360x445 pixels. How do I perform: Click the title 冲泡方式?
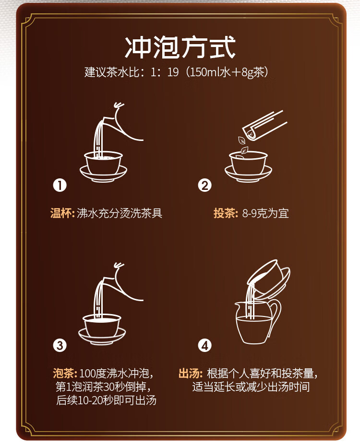(180, 47)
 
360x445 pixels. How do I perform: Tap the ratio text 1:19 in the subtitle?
(164, 72)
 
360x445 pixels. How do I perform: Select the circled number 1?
(60, 185)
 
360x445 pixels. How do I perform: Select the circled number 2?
(205, 185)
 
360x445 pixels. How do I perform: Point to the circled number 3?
(60, 345)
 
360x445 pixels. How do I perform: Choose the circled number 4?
(205, 345)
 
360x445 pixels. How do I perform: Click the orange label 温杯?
(61, 213)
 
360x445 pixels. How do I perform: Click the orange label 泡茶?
(64, 373)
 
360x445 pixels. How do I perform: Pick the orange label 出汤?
(190, 373)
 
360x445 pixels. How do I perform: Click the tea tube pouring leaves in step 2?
(264, 126)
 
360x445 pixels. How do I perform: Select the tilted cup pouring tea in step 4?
(268, 279)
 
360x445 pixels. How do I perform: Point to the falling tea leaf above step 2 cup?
(242, 140)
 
